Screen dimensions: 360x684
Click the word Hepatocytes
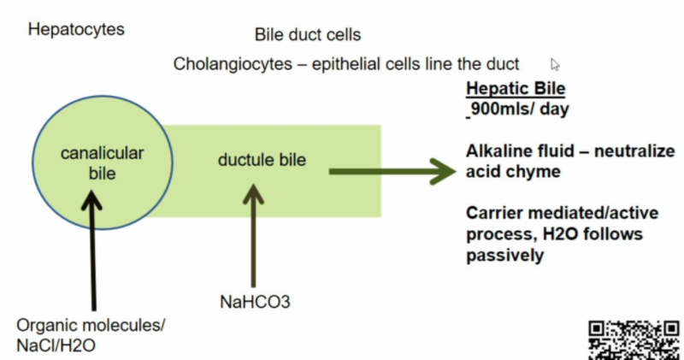[x=76, y=30]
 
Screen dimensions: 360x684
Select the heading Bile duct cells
[x=308, y=35]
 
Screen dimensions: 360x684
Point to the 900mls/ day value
[x=521, y=109]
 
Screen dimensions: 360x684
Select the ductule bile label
[x=262, y=159]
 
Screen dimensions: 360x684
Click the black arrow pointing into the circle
[x=94, y=248]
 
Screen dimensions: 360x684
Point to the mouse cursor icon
[x=556, y=64]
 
